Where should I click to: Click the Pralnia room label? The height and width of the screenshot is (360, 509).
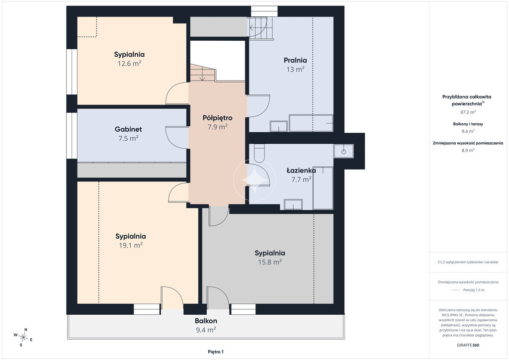point(295,60)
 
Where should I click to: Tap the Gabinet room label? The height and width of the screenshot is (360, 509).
point(128,129)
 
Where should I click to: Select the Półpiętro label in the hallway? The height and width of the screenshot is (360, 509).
point(218,118)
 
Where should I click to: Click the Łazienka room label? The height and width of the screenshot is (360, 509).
point(301,171)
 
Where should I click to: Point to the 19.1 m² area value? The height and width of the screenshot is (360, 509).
point(131,246)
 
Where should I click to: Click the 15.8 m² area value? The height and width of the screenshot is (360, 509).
point(270,262)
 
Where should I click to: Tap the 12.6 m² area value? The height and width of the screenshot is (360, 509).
point(129,64)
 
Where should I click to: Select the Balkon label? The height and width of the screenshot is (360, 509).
point(206,321)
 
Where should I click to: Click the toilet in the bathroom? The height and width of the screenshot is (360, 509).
point(259,153)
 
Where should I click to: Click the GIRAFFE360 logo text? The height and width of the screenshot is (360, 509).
point(468,345)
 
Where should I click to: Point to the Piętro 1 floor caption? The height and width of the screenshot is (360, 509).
point(216,352)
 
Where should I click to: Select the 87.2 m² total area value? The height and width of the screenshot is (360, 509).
point(468,112)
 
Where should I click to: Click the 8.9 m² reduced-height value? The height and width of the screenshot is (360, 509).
point(468,150)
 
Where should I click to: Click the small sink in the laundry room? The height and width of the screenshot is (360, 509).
point(278,126)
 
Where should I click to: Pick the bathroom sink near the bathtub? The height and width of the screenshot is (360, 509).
point(293,204)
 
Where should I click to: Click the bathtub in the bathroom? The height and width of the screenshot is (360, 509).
point(323,188)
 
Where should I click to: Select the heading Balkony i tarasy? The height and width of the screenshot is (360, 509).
point(468,124)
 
